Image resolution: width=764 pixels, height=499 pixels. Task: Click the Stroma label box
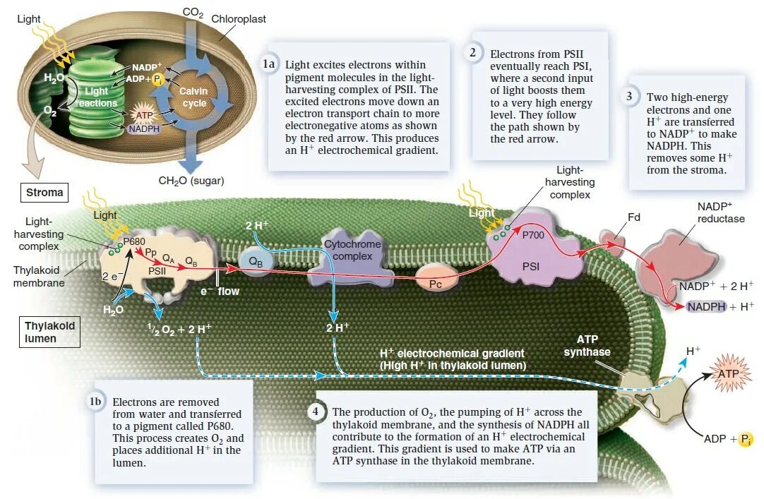[44, 192]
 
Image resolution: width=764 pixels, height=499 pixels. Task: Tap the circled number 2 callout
[472, 53]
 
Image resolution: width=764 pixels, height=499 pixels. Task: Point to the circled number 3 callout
[628, 97]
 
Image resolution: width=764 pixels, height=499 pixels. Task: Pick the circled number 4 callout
[316, 411]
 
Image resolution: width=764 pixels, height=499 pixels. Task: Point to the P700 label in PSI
[533, 236]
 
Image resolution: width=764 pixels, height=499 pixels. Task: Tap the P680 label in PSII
[133, 242]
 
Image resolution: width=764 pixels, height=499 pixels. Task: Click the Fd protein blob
[611, 242]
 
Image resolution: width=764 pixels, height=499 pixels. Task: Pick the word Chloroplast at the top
[239, 19]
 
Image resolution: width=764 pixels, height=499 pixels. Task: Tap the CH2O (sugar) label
[191, 181]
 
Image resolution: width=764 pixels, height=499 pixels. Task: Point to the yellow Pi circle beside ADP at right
[746, 440]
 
